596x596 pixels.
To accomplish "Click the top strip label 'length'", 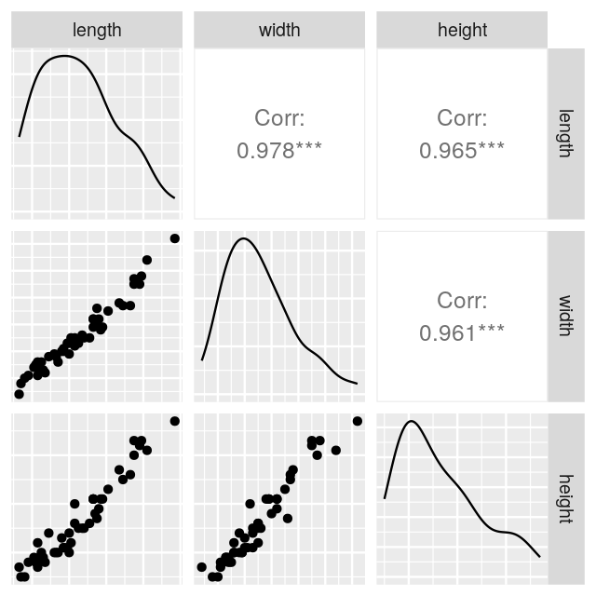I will [97, 30].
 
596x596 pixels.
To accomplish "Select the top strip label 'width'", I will [279, 30].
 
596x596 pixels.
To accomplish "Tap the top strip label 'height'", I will [462, 30].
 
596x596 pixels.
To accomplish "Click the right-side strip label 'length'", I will [564, 133].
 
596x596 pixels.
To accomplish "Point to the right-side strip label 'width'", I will [564, 316].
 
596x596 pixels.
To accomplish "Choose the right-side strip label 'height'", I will [564, 498].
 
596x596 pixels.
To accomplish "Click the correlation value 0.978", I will [264, 151].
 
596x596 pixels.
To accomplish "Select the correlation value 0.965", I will [447, 151].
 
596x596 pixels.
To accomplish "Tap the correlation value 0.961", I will [447, 332].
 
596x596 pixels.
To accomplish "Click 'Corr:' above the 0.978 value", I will [279, 118].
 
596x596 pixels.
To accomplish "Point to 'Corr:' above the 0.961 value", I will [462, 301].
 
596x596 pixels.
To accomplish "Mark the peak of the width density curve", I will [243, 238].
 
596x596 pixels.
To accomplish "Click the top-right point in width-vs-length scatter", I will [174, 238].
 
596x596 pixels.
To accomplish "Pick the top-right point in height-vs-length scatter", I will [174, 421].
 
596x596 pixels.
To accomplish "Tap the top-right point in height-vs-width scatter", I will [357, 421].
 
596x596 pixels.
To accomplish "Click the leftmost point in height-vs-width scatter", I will [202, 566].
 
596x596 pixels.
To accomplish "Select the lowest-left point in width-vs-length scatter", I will [19, 394].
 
